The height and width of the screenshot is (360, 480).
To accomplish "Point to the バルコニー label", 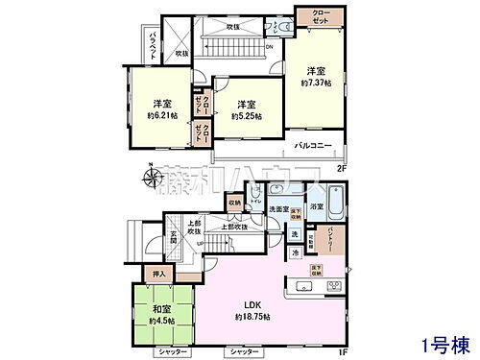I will [314, 146].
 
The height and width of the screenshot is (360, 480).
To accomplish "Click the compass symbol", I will [154, 177].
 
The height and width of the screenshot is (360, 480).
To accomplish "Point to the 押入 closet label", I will [162, 274].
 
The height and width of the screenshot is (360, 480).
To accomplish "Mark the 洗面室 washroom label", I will [277, 208].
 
